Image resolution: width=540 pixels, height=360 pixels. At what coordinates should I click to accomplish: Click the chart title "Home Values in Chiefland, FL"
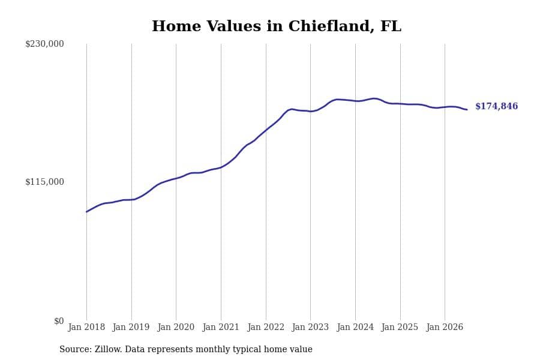[277, 26]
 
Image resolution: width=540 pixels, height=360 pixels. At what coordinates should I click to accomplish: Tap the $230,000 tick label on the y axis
[44, 44]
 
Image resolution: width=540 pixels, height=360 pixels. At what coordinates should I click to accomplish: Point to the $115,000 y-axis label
[44, 182]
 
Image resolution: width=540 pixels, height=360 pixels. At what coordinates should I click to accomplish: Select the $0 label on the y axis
[59, 321]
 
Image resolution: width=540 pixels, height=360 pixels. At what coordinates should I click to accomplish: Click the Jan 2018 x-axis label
[86, 327]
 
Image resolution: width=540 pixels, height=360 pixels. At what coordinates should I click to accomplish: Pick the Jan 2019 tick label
[131, 327]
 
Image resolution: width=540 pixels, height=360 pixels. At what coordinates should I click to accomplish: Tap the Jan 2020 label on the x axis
[176, 327]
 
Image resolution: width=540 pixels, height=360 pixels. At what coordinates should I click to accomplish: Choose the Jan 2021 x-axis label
[221, 327]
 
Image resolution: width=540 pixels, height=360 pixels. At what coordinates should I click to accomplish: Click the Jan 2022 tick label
[266, 327]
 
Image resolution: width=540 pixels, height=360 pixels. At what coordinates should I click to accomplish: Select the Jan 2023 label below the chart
[310, 327]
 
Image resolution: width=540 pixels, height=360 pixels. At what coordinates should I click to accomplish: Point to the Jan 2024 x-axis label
[355, 327]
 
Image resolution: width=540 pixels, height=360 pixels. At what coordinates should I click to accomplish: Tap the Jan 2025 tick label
[400, 327]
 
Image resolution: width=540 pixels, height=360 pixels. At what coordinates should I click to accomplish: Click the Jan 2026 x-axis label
[445, 327]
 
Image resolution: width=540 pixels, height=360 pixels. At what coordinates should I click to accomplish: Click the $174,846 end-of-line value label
[497, 106]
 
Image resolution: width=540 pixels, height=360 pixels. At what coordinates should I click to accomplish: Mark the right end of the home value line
[467, 110]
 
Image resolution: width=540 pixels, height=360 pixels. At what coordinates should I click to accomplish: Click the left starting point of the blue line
[86, 212]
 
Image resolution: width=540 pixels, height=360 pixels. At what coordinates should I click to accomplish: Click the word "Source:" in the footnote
[76, 349]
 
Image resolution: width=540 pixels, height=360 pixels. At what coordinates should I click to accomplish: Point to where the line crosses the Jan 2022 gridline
[266, 130]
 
